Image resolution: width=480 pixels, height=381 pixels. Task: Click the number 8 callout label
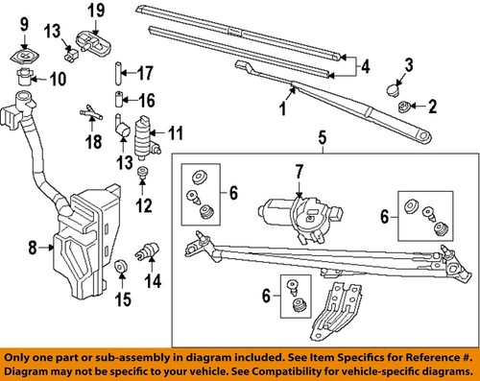(x=33, y=248)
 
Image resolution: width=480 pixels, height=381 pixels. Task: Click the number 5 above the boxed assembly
(x=321, y=136)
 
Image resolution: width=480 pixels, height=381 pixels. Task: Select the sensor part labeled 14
(x=149, y=251)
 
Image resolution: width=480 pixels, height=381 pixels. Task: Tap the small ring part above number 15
(x=121, y=265)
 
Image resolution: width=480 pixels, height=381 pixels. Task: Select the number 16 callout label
(x=146, y=99)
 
